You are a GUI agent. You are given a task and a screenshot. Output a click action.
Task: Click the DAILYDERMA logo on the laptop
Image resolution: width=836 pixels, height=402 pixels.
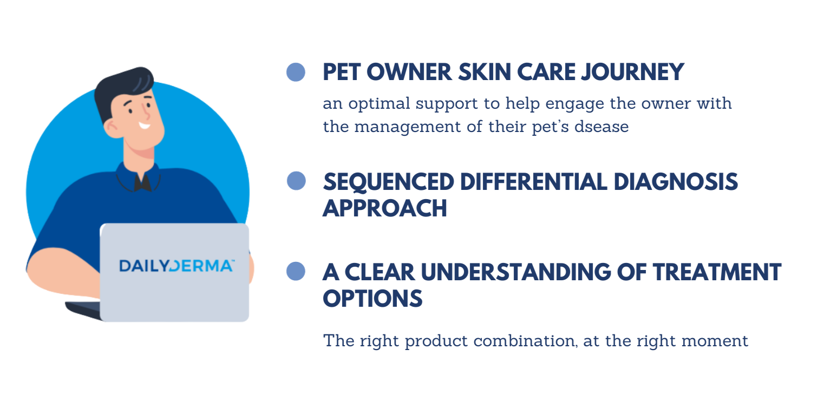[177, 266]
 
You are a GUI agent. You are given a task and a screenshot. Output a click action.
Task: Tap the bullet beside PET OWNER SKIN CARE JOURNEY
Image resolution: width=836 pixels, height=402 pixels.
[296, 72]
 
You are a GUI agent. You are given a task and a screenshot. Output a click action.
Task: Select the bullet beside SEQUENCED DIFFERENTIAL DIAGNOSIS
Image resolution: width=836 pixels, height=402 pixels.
[296, 181]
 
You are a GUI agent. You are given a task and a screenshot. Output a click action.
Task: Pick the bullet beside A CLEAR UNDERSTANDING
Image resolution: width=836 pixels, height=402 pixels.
[296, 271]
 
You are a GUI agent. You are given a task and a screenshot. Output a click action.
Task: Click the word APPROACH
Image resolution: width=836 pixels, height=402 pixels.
[385, 208]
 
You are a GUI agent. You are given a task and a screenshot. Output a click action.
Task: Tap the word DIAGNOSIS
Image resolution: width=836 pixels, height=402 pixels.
[676, 182]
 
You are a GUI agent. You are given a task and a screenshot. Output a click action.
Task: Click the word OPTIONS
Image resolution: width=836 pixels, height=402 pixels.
[373, 298]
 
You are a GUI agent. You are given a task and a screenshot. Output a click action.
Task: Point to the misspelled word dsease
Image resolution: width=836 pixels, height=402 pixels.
[601, 127]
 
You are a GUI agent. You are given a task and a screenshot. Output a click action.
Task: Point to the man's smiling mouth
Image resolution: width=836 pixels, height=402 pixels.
[145, 126]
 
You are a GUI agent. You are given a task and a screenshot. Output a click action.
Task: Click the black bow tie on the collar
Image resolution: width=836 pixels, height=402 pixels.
[142, 183]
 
